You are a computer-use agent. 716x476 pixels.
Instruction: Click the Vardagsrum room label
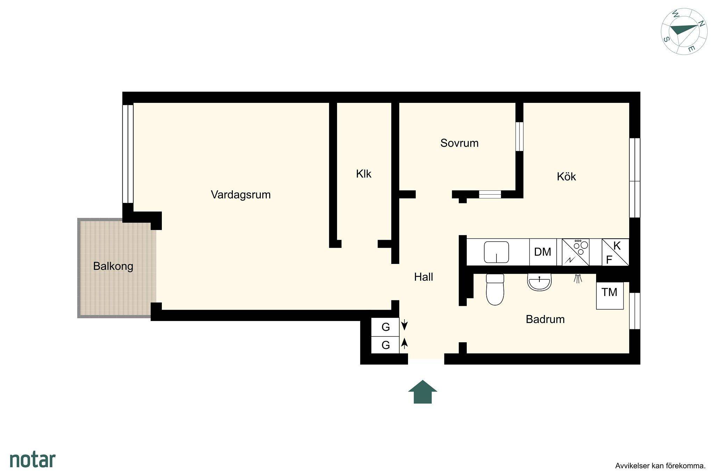pyautogui.click(x=241, y=195)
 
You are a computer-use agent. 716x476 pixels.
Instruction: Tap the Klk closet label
pyautogui.click(x=364, y=174)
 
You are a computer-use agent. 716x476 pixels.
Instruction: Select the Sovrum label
pyautogui.click(x=459, y=143)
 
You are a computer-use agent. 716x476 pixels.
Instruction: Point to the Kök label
pyautogui.click(x=566, y=176)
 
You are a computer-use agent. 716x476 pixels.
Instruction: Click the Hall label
pyautogui.click(x=423, y=277)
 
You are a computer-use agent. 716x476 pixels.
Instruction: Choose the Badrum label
pyautogui.click(x=545, y=319)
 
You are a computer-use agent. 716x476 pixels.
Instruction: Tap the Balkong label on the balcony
pyautogui.click(x=113, y=266)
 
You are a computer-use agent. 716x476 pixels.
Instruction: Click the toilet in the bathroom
pyautogui.click(x=495, y=289)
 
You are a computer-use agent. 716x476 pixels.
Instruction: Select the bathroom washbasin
pyautogui.click(x=539, y=282)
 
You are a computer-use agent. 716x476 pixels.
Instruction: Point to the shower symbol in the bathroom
pyautogui.click(x=578, y=278)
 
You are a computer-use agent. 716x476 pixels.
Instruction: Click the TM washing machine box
pyautogui.click(x=610, y=295)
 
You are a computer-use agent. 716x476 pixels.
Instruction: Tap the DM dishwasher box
pyautogui.click(x=543, y=252)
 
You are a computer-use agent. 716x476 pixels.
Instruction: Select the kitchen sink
pyautogui.click(x=496, y=252)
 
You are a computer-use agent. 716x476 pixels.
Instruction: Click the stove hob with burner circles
pyautogui.click(x=575, y=252)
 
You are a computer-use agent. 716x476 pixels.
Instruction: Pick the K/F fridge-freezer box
pyautogui.click(x=615, y=252)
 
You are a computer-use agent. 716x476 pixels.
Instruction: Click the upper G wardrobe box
pyautogui.click(x=385, y=327)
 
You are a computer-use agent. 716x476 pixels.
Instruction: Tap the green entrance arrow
pyautogui.click(x=423, y=392)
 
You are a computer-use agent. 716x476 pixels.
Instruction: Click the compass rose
pyautogui.click(x=684, y=32)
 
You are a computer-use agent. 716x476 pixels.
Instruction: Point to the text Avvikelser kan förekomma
pyautogui.click(x=660, y=466)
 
